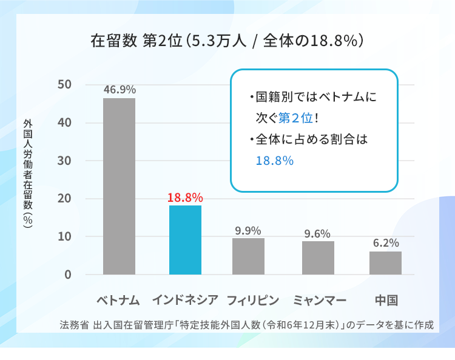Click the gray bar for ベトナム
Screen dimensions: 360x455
point(119,186)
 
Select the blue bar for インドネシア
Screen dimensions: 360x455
point(185,240)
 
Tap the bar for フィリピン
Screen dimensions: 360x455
point(248,256)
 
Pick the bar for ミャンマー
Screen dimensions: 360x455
point(318,258)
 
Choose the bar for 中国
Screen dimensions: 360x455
point(385,263)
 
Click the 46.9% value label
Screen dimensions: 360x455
point(120,90)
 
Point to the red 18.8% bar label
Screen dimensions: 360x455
point(185,198)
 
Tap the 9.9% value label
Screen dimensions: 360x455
point(248,230)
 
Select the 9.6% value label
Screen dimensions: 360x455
point(317,233)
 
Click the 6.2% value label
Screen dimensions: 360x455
point(386,243)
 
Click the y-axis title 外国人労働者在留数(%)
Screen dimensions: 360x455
point(28,173)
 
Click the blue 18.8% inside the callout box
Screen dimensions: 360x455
point(274,161)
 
